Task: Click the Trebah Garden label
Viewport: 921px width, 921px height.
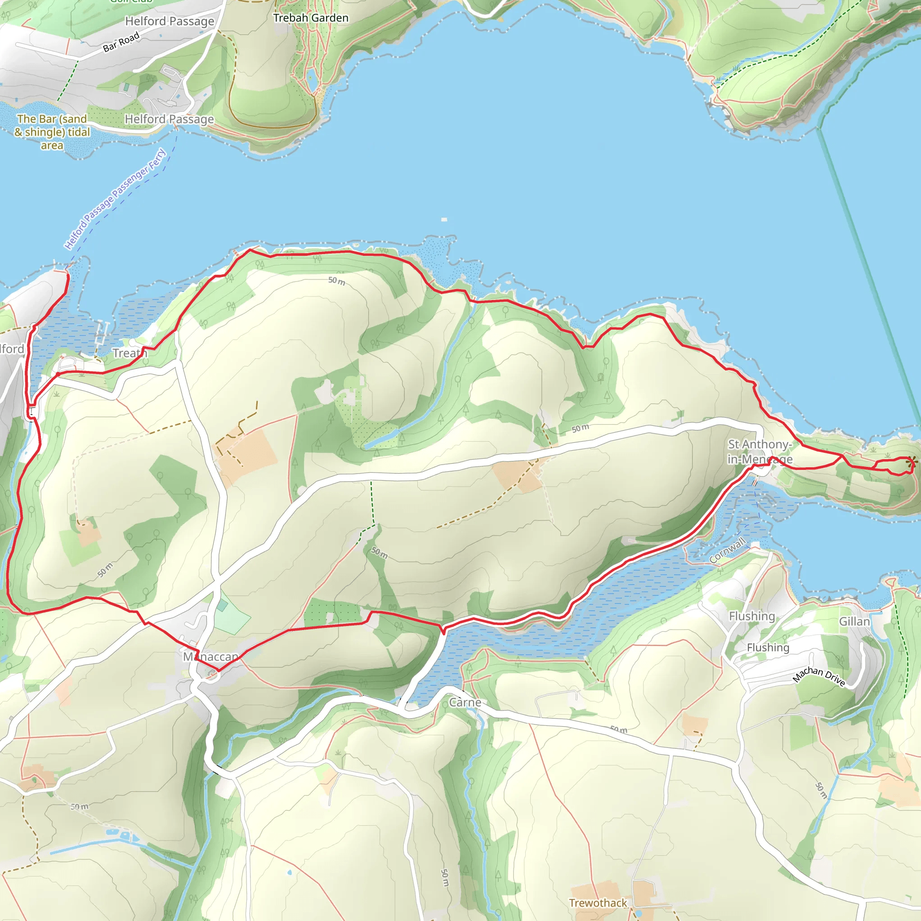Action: coord(310,18)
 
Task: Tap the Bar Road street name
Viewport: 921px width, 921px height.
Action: coord(121,42)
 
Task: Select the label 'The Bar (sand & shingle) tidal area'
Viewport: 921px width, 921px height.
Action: coord(52,132)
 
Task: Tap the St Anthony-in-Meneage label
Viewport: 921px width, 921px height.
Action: coord(760,452)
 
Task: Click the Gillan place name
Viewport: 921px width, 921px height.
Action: coord(854,621)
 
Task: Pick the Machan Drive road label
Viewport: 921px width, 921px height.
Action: coord(819,676)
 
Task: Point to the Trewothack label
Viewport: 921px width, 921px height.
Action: coord(598,903)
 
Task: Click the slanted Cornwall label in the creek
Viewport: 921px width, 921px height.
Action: coord(727,550)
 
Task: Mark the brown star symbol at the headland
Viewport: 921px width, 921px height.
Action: coord(911,461)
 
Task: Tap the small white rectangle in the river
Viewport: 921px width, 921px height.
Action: coord(444,219)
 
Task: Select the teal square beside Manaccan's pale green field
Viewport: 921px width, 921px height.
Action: coord(222,605)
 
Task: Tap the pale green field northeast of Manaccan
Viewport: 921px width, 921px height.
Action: coord(232,618)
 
